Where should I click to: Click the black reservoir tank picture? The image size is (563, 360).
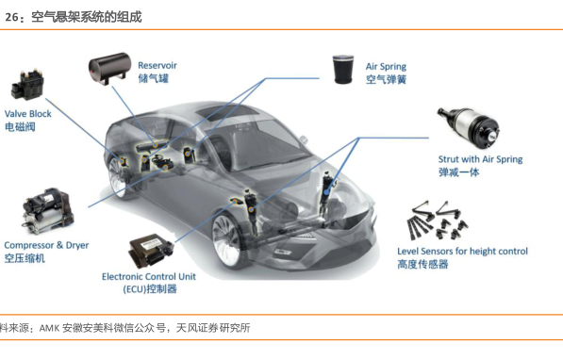tap(109, 69)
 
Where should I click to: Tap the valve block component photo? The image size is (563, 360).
tap(27, 85)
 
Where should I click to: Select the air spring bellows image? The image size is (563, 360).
tap(343, 70)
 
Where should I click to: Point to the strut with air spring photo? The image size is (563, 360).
tap(468, 127)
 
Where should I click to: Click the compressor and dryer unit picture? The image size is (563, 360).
tap(48, 210)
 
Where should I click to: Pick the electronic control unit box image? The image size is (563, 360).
tap(151, 251)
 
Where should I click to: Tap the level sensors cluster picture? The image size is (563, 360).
tap(438, 221)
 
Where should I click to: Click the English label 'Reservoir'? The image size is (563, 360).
tap(157, 65)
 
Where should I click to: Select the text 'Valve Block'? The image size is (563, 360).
tap(27, 114)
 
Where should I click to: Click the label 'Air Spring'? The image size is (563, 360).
tap(386, 67)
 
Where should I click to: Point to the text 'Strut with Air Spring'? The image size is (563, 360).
tap(480, 159)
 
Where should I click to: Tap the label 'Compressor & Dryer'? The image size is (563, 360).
tap(46, 246)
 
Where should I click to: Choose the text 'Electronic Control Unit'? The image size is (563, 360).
tap(149, 277)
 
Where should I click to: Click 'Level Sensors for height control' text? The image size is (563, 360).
tap(462, 252)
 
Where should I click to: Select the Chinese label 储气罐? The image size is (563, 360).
tap(154, 78)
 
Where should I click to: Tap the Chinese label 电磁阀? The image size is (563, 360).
tap(20, 126)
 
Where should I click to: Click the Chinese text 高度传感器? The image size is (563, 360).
tap(422, 265)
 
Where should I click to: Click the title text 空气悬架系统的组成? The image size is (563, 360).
tap(87, 17)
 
